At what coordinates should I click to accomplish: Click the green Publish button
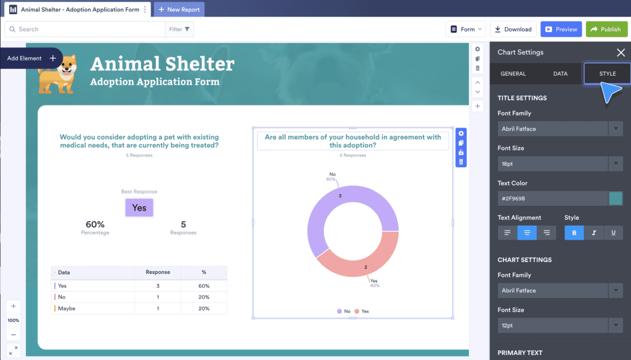coord(606,29)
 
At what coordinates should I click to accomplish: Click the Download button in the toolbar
coord(513,29)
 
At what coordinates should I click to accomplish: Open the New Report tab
coord(179,9)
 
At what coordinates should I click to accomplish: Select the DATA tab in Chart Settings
coord(560,73)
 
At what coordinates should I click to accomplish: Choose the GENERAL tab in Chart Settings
coord(513,73)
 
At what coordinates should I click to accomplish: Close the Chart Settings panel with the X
coord(621,52)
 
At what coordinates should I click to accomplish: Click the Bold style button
coord(574,233)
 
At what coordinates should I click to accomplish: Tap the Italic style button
coord(594,233)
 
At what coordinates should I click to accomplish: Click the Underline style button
coord(613,233)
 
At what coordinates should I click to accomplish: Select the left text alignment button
coord(507,233)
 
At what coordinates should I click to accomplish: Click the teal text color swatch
coord(615,198)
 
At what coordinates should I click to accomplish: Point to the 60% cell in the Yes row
coord(204,286)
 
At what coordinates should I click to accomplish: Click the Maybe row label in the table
coord(67,308)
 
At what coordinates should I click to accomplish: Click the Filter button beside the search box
coord(179,29)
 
